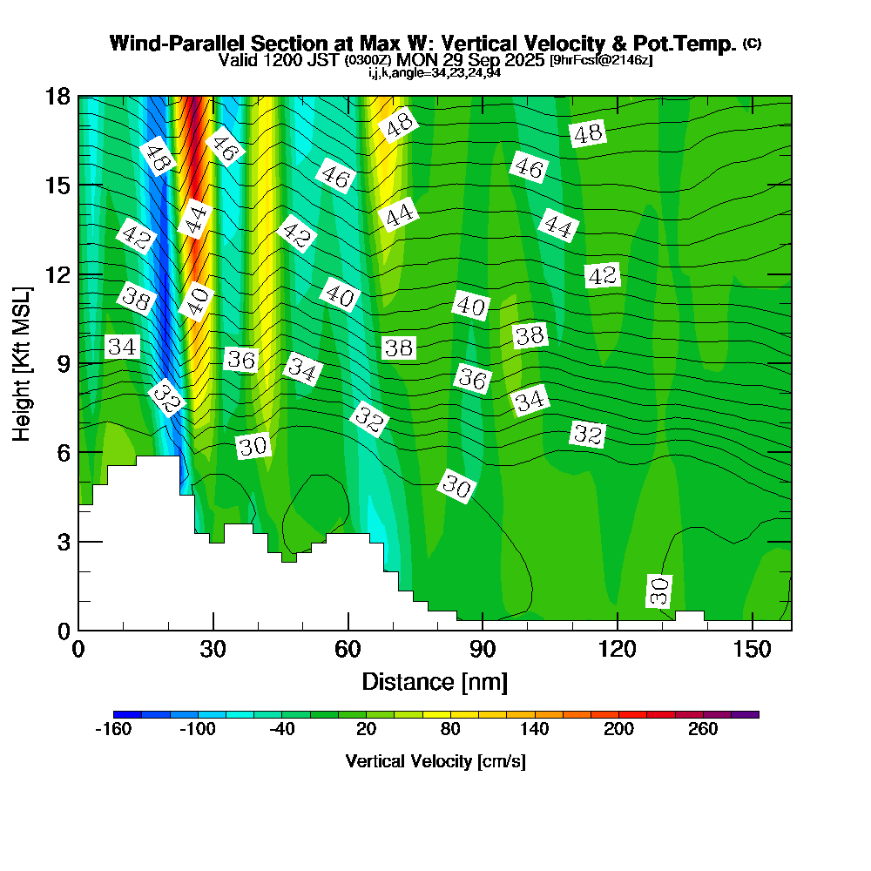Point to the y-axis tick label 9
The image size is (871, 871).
click(x=64, y=364)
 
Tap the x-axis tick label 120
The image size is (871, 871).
click(x=617, y=650)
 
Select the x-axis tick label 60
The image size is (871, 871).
click(x=348, y=650)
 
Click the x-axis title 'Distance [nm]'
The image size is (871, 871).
click(x=435, y=680)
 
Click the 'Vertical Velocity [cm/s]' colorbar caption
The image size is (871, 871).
click(x=435, y=761)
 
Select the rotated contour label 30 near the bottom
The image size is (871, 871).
click(x=660, y=591)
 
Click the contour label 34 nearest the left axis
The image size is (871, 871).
click(x=122, y=347)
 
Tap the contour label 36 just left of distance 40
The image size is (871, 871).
click(x=241, y=359)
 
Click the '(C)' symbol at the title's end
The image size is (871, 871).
click(x=753, y=44)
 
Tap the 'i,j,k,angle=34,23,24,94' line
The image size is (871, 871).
click(x=435, y=73)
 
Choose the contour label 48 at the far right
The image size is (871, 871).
click(x=587, y=133)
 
